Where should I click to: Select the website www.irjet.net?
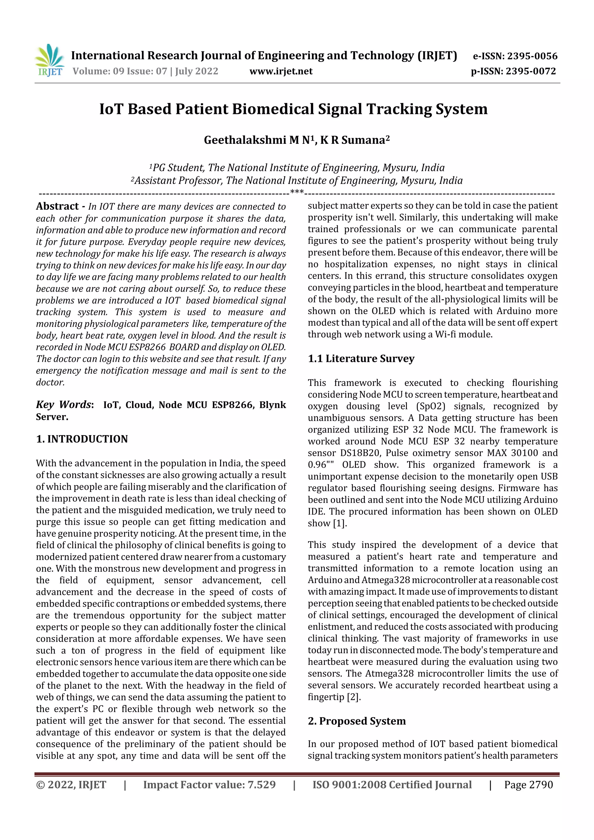point(281,71)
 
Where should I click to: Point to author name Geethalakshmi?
point(245,140)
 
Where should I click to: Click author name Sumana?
point(363,140)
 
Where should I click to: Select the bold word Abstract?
point(57,206)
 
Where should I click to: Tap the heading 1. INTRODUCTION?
point(82,439)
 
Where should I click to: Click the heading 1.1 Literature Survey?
point(361,359)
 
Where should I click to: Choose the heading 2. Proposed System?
point(356,721)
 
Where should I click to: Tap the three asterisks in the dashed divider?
point(297,192)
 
